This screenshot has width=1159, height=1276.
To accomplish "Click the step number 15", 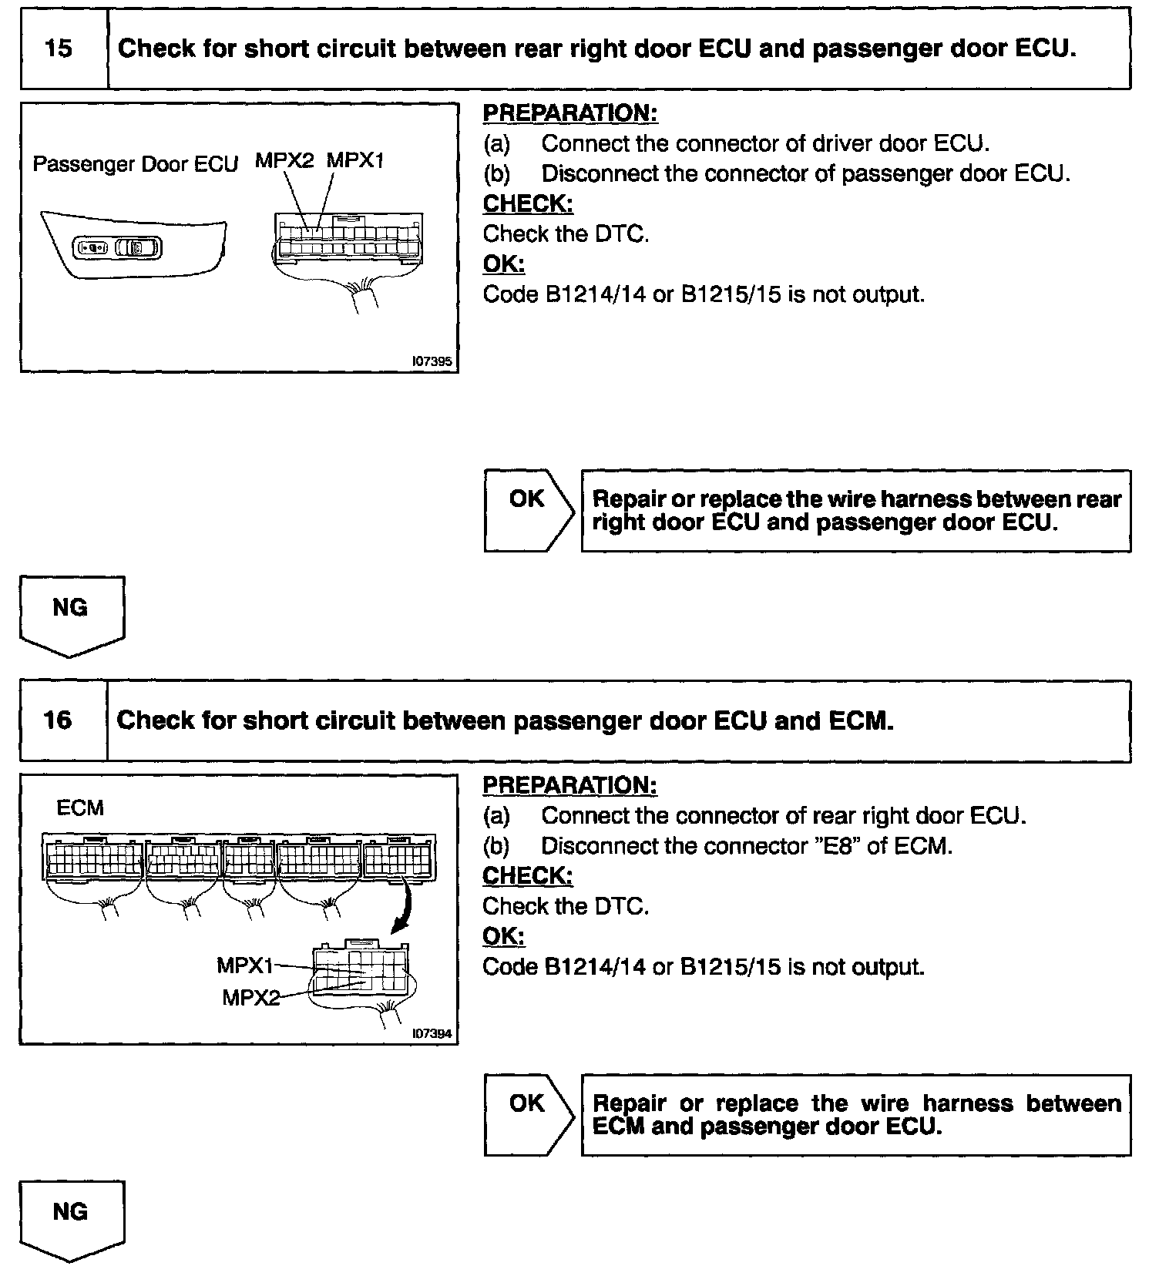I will (x=59, y=49).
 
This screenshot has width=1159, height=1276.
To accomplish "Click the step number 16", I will (x=59, y=721).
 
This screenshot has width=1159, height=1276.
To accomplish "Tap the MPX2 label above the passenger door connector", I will (x=284, y=161).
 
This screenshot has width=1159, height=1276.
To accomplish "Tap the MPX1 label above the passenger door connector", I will (x=354, y=161).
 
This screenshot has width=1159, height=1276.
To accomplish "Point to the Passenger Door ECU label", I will (x=135, y=165).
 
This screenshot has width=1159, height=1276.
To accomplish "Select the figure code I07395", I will (x=432, y=361).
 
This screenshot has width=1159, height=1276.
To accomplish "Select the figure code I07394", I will (x=432, y=1033).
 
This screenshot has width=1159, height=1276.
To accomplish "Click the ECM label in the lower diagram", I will (x=80, y=808).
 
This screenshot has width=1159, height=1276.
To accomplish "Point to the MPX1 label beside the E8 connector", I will (x=245, y=965).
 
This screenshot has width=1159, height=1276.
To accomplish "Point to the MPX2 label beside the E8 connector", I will (x=250, y=997).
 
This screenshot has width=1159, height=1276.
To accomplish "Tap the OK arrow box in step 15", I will (x=529, y=510).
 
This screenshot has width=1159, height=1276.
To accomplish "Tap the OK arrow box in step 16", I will (x=529, y=1115).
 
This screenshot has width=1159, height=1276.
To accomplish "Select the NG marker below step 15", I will (x=71, y=614).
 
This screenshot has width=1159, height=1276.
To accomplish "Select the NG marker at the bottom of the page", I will (x=71, y=1219).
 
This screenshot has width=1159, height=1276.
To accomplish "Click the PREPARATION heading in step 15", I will (x=569, y=113).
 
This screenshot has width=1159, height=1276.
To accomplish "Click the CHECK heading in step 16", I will (x=527, y=876).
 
